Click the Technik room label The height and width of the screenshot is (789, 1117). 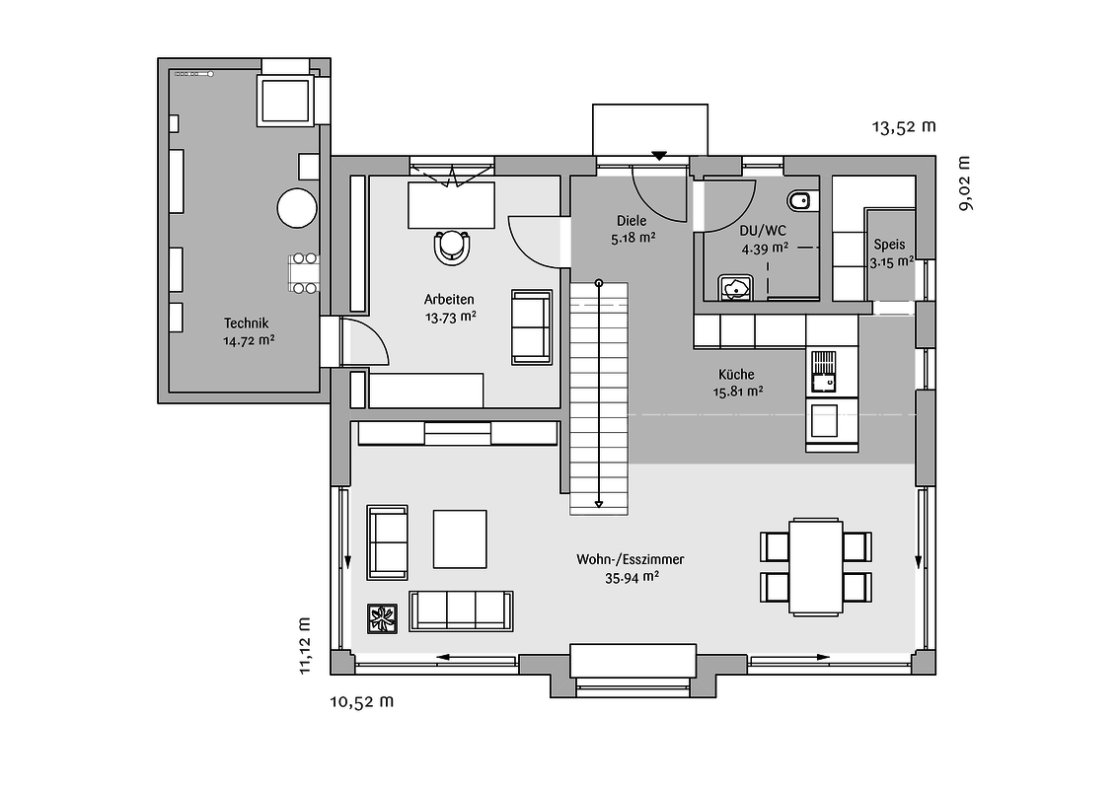(246, 323)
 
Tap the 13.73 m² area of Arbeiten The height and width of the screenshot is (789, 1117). (451, 318)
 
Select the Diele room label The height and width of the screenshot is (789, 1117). (632, 221)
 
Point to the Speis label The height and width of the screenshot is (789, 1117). (889, 245)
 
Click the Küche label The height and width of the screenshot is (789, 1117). (736, 374)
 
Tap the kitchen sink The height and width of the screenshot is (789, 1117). (824, 372)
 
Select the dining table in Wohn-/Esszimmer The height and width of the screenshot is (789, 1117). (816, 567)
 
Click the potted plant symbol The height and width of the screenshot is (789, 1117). (383, 618)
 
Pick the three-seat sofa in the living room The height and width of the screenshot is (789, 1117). (461, 610)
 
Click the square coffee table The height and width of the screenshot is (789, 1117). (460, 539)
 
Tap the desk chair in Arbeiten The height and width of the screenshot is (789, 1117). (452, 248)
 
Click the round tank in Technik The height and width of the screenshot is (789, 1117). (297, 208)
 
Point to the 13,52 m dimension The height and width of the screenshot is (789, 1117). (904, 127)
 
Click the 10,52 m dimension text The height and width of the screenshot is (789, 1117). (362, 701)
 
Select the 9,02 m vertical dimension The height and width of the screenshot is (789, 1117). (965, 183)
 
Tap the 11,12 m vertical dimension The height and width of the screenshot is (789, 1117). (305, 645)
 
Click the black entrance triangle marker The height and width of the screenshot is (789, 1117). (659, 155)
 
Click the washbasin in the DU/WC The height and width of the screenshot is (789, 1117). (735, 287)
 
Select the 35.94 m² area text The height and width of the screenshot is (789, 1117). (632, 578)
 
